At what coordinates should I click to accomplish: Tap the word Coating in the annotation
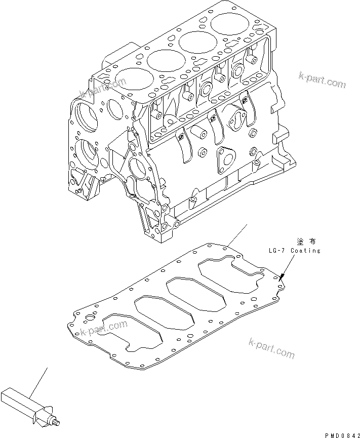307,251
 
